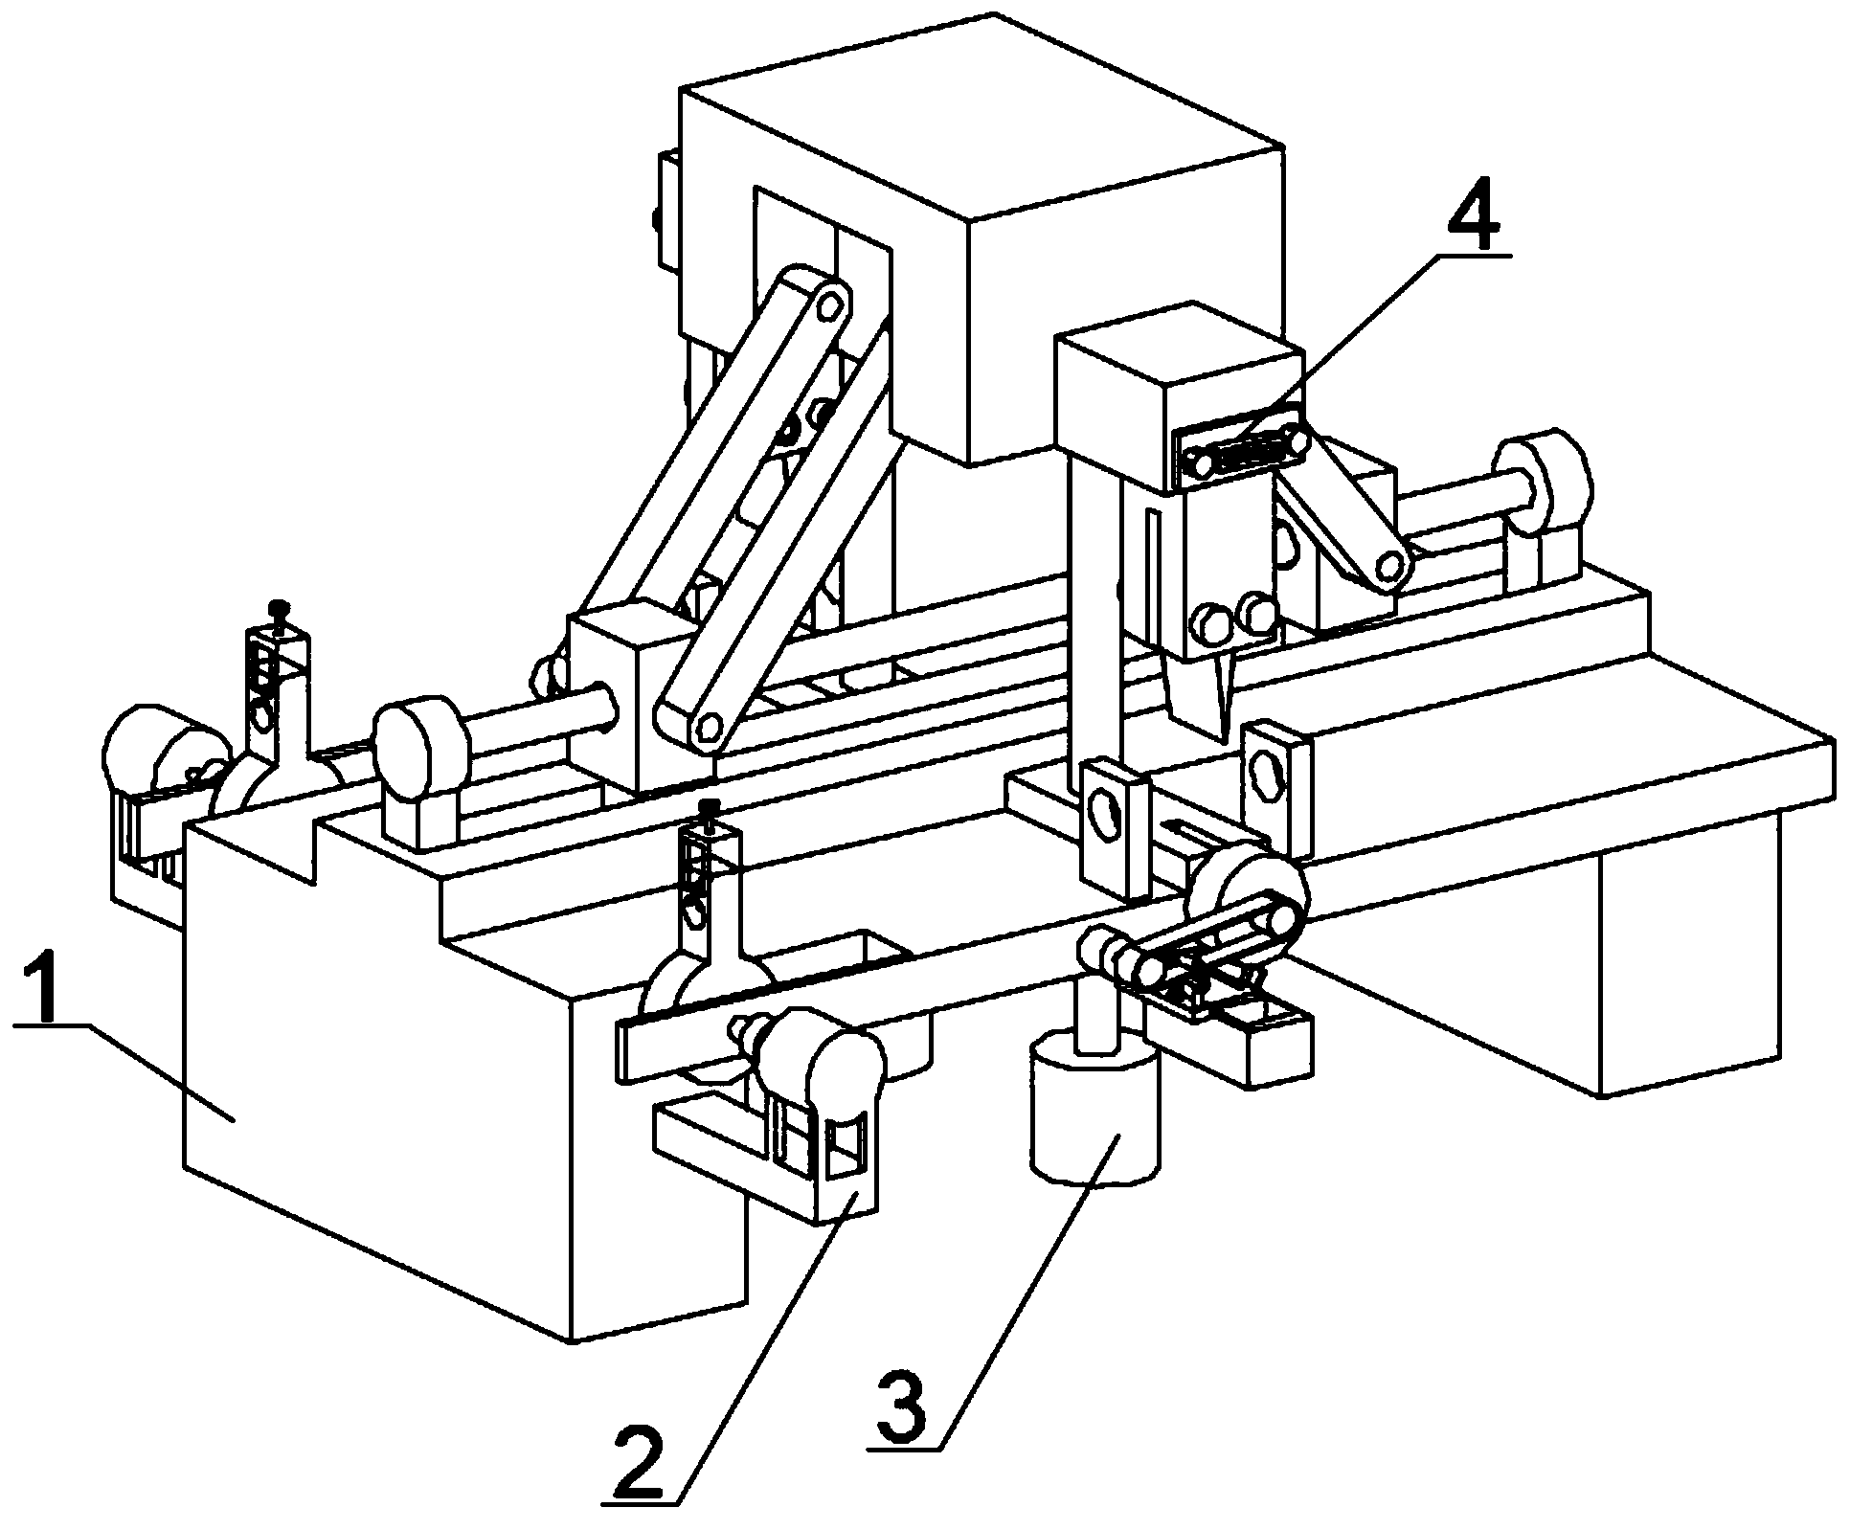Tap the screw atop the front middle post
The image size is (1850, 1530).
pyautogui.click(x=710, y=808)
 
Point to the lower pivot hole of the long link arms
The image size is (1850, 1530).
pyautogui.click(x=709, y=727)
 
